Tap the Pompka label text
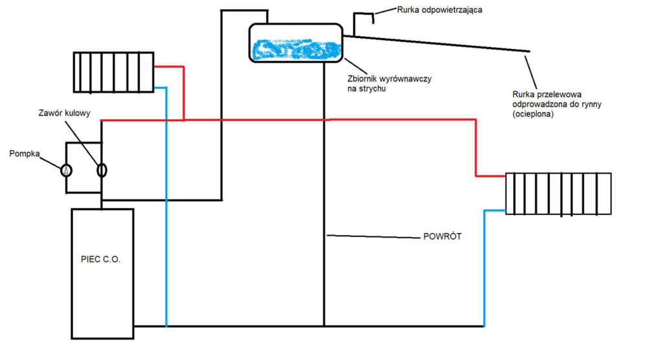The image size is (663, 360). [25, 154]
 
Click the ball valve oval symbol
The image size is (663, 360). [102, 170]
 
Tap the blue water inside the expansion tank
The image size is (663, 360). [295, 50]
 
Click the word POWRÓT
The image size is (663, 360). [442, 238]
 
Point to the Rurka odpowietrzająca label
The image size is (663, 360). [440, 10]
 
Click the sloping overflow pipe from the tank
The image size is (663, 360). [440, 43]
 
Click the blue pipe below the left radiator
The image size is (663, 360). [166, 207]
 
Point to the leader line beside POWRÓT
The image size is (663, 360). [372, 236]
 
